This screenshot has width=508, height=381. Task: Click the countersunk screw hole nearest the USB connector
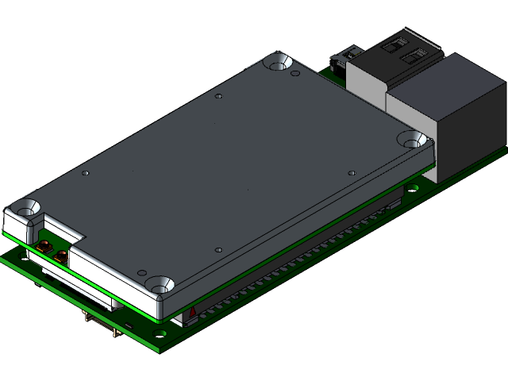point(278,60)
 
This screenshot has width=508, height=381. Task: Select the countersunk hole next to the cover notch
point(28,207)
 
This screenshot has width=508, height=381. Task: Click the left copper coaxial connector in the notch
point(45,246)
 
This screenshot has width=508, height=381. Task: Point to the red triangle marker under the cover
point(191,313)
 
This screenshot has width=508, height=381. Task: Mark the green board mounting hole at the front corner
point(169,339)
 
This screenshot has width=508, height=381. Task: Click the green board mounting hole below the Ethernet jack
point(414,188)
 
